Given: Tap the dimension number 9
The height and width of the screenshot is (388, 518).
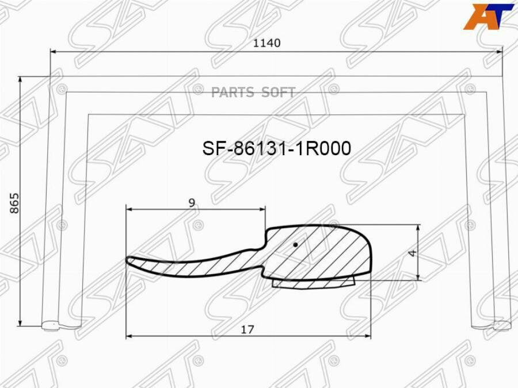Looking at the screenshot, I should (192, 202).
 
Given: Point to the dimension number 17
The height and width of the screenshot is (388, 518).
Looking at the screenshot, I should (247, 329).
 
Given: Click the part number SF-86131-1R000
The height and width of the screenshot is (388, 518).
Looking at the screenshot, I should (276, 149).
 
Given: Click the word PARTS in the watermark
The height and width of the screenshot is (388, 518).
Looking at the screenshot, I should (233, 93).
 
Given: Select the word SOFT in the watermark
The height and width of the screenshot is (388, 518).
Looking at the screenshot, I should (279, 93).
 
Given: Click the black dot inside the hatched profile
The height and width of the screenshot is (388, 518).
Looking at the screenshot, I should (295, 245).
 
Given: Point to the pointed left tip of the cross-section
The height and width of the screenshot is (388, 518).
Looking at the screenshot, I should (128, 260).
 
